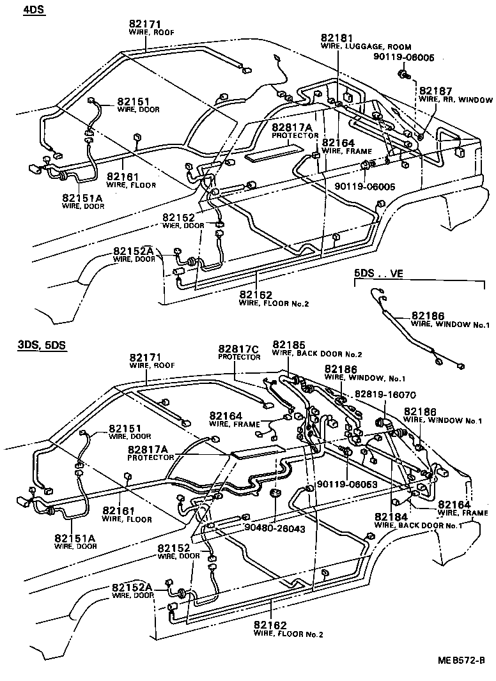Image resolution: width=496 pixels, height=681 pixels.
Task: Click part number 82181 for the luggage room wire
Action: [337, 39]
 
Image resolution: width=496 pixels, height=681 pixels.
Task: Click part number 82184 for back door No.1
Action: [391, 516]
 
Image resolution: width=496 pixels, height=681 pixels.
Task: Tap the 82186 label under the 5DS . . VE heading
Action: [428, 316]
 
